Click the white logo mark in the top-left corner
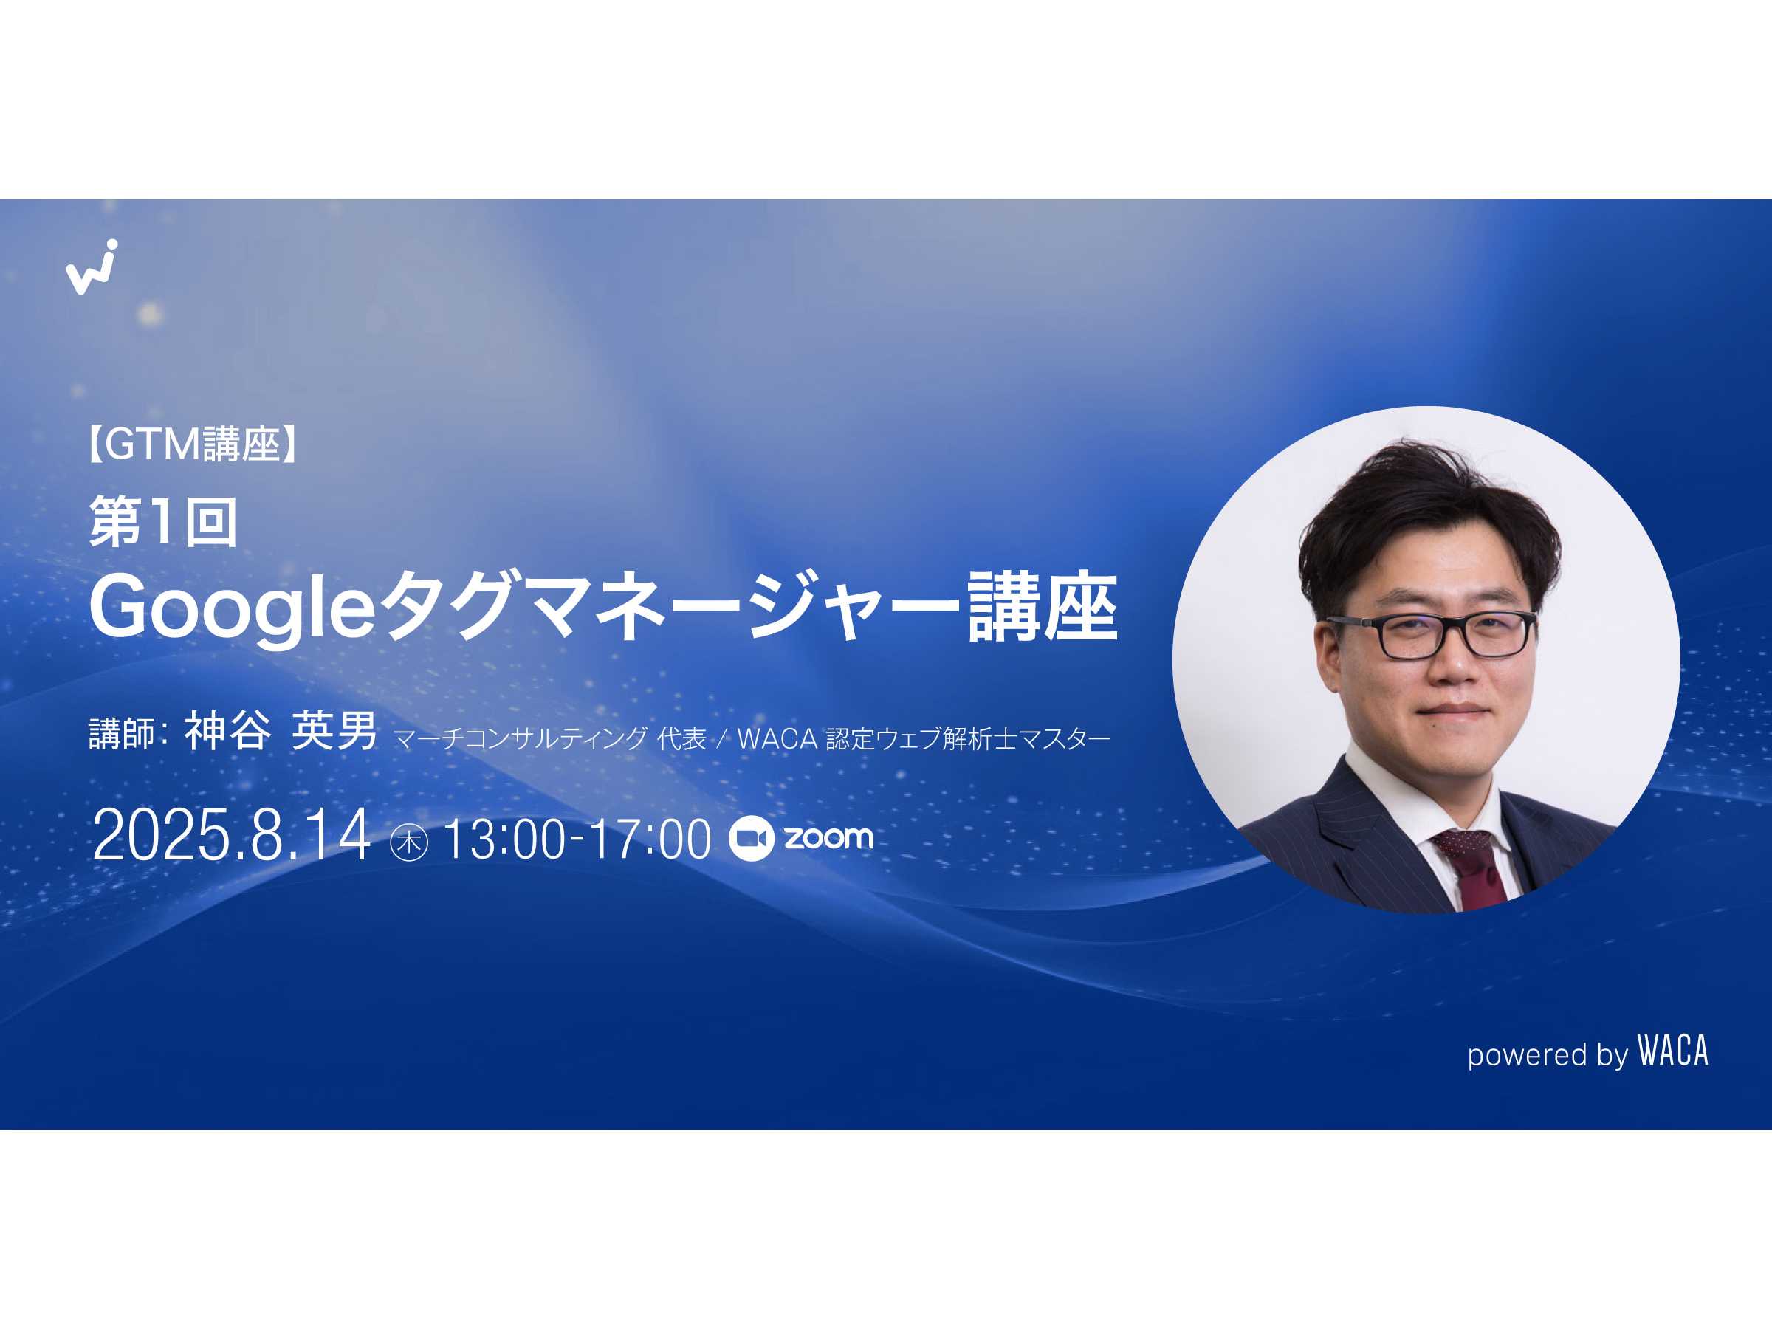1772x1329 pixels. (x=92, y=267)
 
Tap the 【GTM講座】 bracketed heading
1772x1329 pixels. (x=192, y=444)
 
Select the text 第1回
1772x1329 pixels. (x=163, y=521)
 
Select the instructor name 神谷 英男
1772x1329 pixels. (x=281, y=731)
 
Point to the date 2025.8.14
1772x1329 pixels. (x=232, y=836)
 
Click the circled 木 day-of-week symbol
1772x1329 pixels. (x=408, y=842)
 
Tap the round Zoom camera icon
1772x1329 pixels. (x=751, y=839)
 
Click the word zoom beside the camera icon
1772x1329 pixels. (x=828, y=837)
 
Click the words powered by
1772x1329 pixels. (x=1548, y=1055)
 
